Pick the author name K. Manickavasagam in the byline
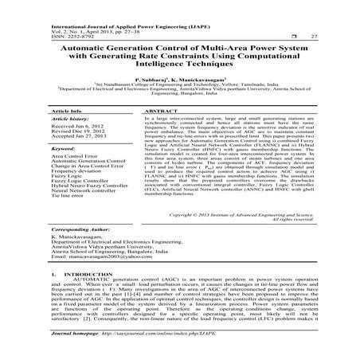point(202,81)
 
